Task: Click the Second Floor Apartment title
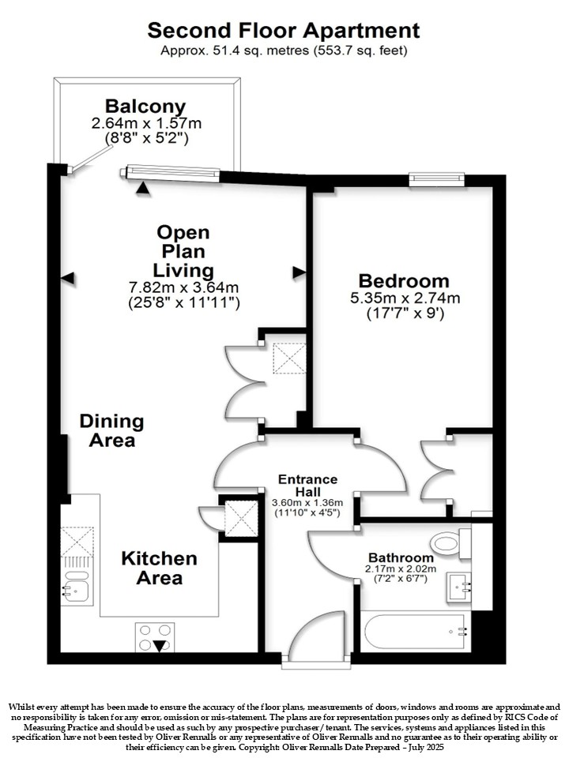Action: pos(284,31)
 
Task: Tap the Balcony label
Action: pos(145,107)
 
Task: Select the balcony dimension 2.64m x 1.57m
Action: pos(147,123)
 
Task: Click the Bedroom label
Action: pos(404,281)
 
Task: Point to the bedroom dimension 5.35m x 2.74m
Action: pos(405,298)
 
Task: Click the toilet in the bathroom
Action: pos(451,543)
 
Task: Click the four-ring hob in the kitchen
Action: pos(155,637)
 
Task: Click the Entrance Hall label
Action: pos(307,486)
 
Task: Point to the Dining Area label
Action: pos(111,431)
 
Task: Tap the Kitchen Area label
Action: pos(159,568)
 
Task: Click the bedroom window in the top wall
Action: pos(436,179)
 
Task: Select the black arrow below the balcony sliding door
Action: pos(143,189)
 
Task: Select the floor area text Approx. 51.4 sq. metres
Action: pos(235,51)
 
